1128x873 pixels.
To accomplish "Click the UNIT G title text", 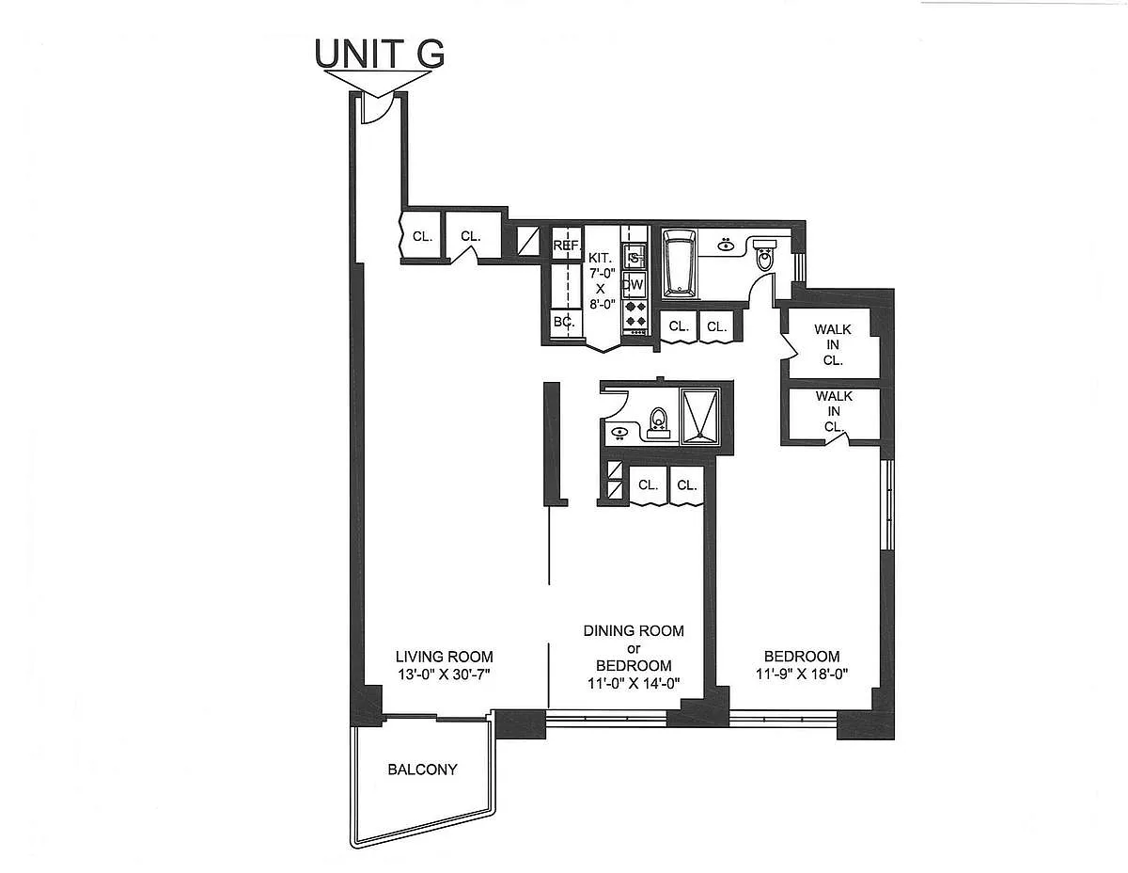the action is (380, 54).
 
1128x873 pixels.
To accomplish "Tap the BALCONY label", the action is (422, 770).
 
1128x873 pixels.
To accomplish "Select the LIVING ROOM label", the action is (444, 657).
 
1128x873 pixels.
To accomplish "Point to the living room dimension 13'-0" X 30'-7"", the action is (444, 674).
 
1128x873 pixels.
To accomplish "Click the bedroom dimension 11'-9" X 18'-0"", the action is (802, 674).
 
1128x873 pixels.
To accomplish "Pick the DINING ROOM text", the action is (633, 630).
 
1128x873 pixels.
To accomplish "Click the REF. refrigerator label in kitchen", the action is (566, 246).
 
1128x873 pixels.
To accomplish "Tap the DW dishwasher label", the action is (634, 284).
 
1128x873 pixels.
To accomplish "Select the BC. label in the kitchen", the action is (564, 322).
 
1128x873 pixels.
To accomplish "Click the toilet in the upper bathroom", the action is (764, 256).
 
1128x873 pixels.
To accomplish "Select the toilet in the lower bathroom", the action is (659, 421).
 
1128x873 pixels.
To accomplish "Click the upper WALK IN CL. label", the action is (833, 343).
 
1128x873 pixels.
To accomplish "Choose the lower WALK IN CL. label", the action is (833, 411).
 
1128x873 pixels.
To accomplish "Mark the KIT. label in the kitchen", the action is (600, 257).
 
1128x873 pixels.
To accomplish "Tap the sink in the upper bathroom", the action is (726, 246).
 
